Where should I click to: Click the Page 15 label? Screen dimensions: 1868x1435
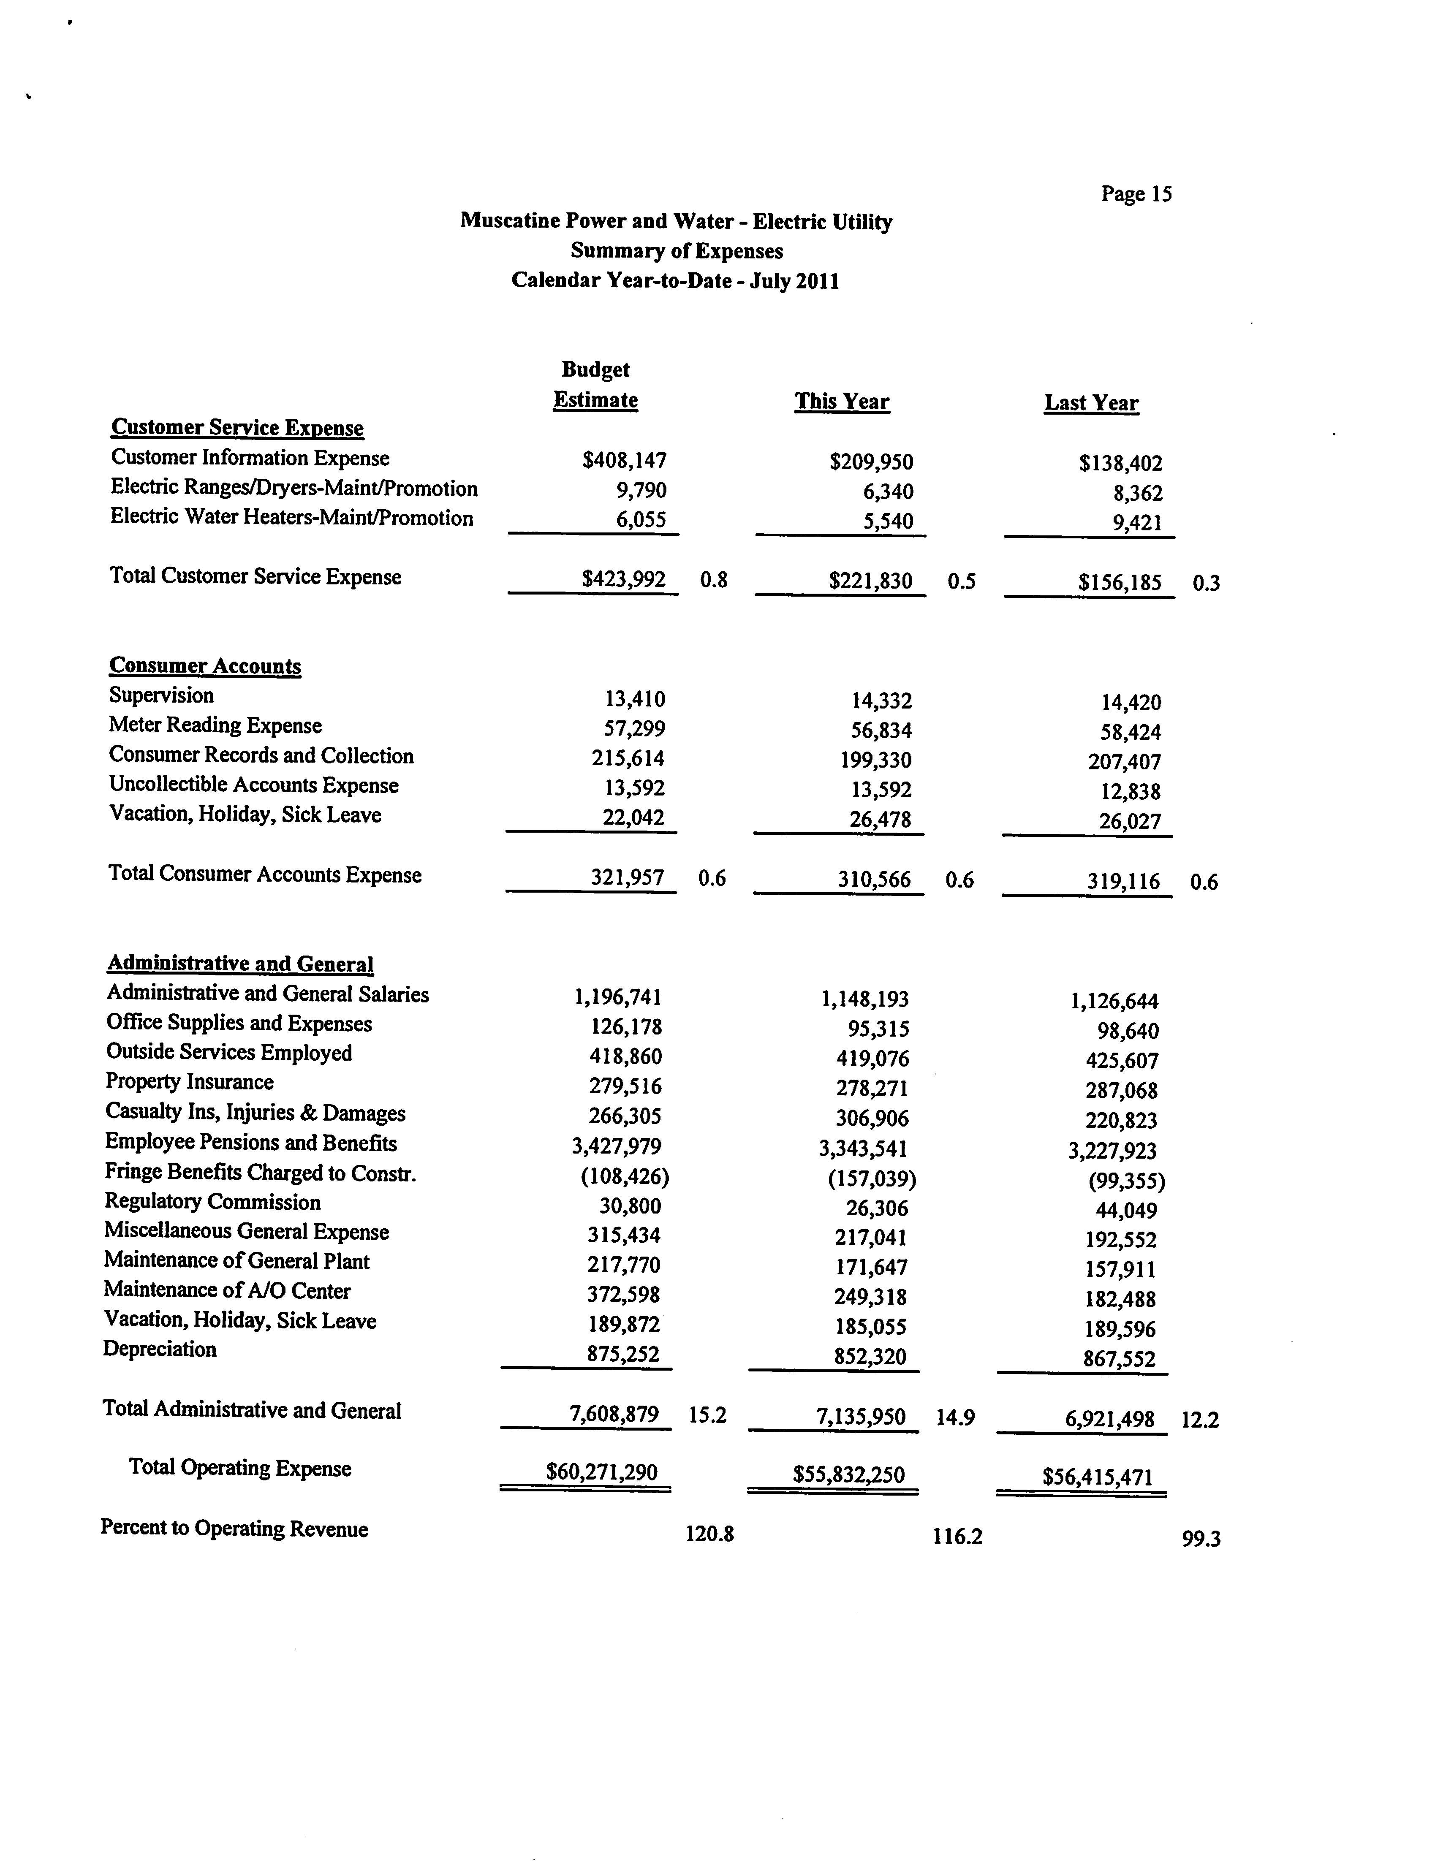tap(1136, 195)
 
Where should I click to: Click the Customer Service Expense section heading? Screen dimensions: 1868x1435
tap(237, 428)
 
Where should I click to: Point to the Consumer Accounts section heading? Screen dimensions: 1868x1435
tap(205, 666)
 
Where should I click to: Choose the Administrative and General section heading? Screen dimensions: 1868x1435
tap(240, 964)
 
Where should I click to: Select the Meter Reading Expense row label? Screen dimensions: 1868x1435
tap(215, 726)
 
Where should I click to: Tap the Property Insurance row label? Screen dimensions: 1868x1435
tap(189, 1082)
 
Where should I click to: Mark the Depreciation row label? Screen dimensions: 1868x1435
tap(160, 1349)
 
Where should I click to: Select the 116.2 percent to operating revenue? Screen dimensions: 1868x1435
tap(957, 1537)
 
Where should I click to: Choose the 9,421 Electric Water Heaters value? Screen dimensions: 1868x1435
tap(1137, 523)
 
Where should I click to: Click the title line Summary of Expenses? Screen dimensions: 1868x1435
tap(677, 251)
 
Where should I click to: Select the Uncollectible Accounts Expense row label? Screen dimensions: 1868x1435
tap(254, 786)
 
